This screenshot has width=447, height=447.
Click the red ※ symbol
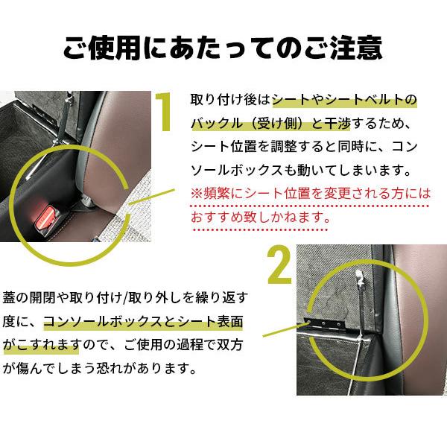click(197, 192)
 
